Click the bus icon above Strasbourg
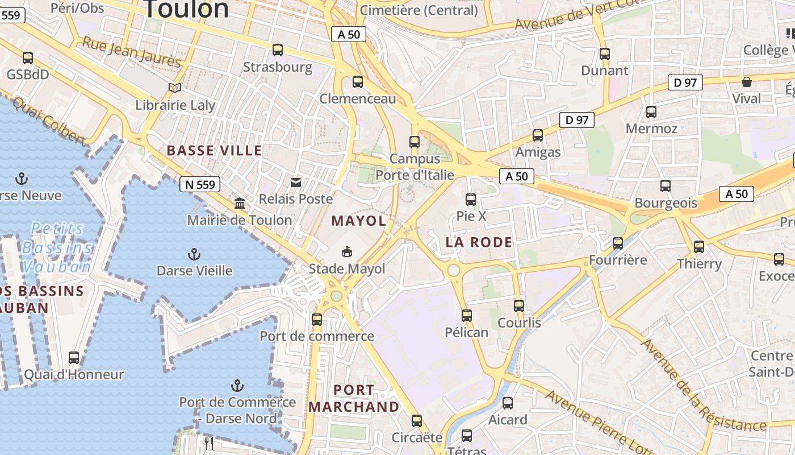[278, 50]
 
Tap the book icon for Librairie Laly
[175, 88]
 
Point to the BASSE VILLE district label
[214, 151]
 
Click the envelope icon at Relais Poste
[296, 183]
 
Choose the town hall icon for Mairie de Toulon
[240, 203]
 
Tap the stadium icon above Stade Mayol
[346, 251]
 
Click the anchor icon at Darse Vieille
[194, 254]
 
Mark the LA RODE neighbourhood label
[479, 242]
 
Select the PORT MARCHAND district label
[354, 398]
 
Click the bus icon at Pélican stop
[467, 315]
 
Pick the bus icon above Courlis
[519, 305]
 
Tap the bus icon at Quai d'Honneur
[74, 358]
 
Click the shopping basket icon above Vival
[747, 82]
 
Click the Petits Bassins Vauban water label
[57, 247]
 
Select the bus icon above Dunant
[605, 54]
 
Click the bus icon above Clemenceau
[358, 82]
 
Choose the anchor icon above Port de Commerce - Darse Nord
[237, 386]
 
